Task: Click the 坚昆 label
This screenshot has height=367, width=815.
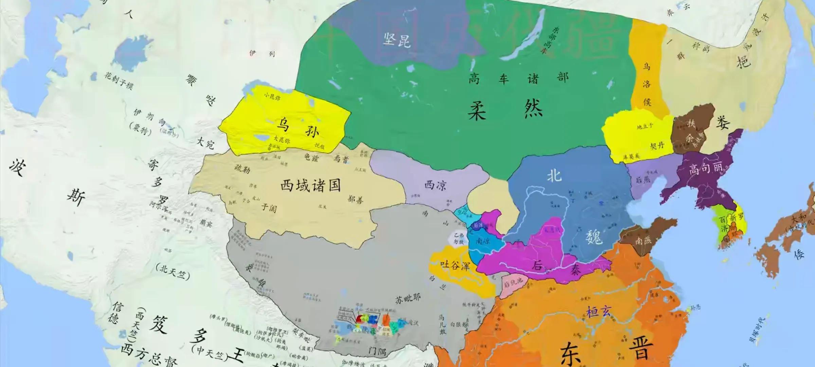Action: (397, 40)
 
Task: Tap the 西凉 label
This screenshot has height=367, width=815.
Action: (435, 185)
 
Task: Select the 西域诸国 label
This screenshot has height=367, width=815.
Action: (310, 186)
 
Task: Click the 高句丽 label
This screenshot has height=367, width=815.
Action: (705, 168)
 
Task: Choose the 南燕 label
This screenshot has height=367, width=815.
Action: (643, 241)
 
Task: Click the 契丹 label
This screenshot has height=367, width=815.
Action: (657, 146)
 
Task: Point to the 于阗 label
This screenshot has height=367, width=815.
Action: (269, 208)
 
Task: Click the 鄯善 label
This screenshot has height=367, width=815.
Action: (355, 199)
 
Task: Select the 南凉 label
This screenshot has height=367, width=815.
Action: (483, 241)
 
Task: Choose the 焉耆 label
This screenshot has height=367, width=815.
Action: (341, 158)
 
